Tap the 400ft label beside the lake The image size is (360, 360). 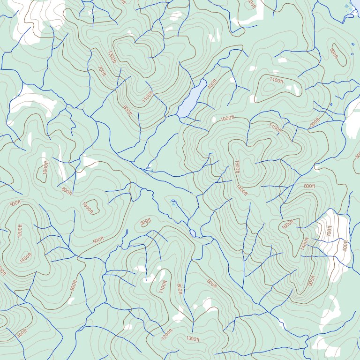coord(212,84)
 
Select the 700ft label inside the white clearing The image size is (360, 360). coord(329,231)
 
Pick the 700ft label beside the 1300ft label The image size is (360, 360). coord(102,71)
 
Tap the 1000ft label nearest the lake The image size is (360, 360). coord(227,118)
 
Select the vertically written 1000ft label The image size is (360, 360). coord(45,167)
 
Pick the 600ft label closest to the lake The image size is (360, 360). coord(127,111)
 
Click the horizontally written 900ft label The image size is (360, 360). coord(15,203)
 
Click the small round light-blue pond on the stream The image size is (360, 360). coord(192,233)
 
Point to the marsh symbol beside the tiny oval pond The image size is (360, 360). coord(173,204)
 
